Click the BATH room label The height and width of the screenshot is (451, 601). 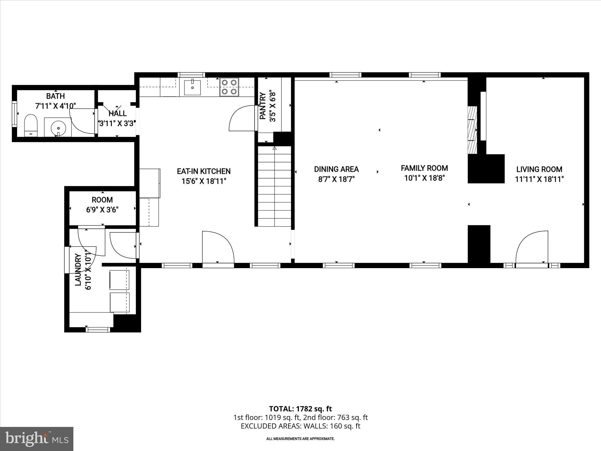pyautogui.click(x=55, y=96)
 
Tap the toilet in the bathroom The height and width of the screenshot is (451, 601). pyautogui.click(x=31, y=126)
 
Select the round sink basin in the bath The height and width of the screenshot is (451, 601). pyautogui.click(x=59, y=128)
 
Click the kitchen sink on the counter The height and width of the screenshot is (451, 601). pyautogui.click(x=192, y=87)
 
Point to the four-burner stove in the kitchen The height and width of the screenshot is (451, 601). pyautogui.click(x=229, y=87)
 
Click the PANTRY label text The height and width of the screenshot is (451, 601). pyautogui.click(x=263, y=106)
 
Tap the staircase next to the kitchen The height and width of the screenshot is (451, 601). pyautogui.click(x=274, y=186)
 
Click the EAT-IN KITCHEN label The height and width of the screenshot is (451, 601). pyautogui.click(x=204, y=171)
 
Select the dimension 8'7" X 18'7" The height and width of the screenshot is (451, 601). pyautogui.click(x=336, y=179)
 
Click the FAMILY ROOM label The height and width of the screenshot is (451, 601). pyautogui.click(x=424, y=168)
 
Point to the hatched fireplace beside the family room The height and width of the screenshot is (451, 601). pyautogui.click(x=472, y=130)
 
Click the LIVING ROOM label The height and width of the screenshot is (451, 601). pyautogui.click(x=539, y=169)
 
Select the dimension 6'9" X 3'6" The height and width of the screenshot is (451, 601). pyautogui.click(x=102, y=210)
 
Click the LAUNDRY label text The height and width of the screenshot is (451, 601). pyautogui.click(x=78, y=270)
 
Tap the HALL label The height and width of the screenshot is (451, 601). pyautogui.click(x=117, y=113)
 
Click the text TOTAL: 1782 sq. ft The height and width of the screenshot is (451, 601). pyautogui.click(x=300, y=409)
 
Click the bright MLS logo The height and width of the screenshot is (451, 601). pyautogui.click(x=37, y=439)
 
